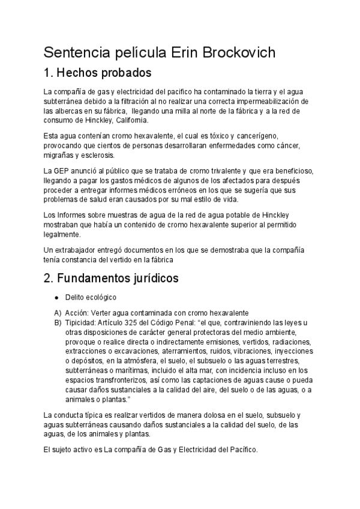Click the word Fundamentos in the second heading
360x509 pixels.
[x=97, y=279]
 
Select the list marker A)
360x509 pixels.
[x=58, y=313]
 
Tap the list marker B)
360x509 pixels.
[x=58, y=322]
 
